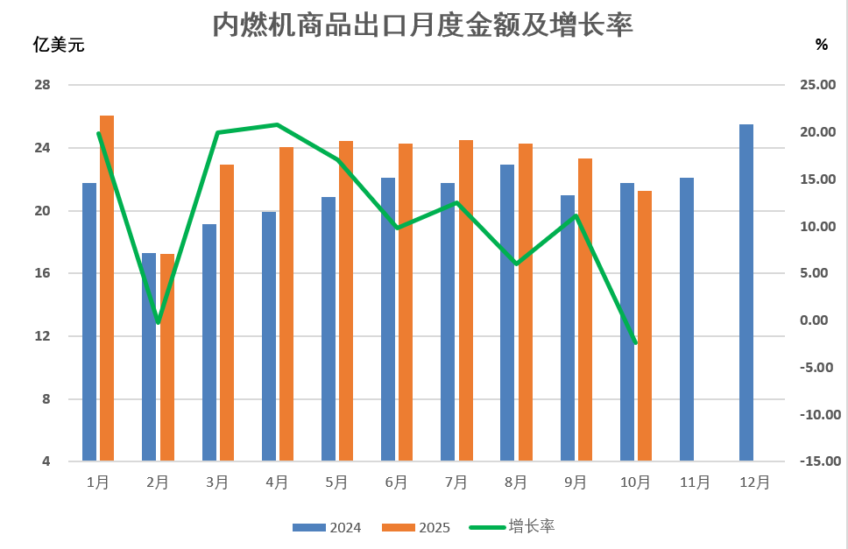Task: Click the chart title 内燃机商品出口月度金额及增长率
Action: (x=423, y=25)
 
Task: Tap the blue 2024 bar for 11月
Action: (x=686, y=319)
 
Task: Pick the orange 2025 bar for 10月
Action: (x=645, y=325)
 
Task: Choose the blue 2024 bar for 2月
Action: (x=149, y=356)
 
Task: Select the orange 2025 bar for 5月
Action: (x=346, y=300)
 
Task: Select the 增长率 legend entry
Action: (x=516, y=526)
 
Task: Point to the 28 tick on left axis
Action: (x=42, y=85)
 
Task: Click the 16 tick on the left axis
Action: (x=42, y=273)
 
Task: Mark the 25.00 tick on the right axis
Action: (x=819, y=85)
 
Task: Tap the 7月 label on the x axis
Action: (x=456, y=482)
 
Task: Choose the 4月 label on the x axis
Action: (x=277, y=482)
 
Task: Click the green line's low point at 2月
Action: (x=158, y=323)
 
